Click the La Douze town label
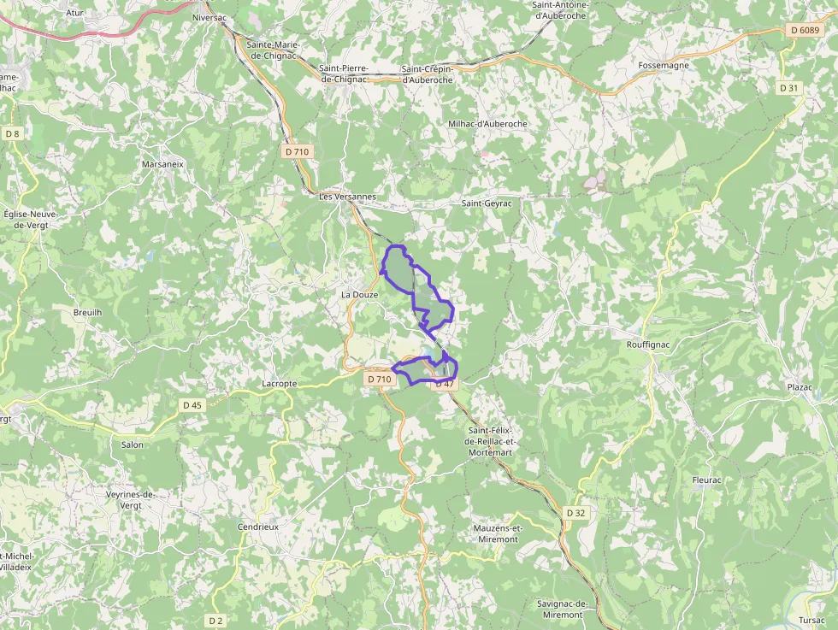(x=359, y=295)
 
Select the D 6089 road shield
(x=805, y=31)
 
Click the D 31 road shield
(x=788, y=88)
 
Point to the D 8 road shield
(x=12, y=133)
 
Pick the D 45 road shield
(x=192, y=405)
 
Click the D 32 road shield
(x=576, y=513)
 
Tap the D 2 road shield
(x=215, y=621)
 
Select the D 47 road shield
(x=445, y=384)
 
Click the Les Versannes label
(x=346, y=197)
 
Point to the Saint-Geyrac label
(x=487, y=203)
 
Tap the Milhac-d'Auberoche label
(x=487, y=124)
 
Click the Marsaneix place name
(x=163, y=163)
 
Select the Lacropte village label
(x=280, y=384)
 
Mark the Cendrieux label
(x=258, y=527)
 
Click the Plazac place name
(x=800, y=387)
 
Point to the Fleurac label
(x=706, y=480)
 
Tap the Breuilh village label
(x=87, y=313)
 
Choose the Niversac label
(x=209, y=17)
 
